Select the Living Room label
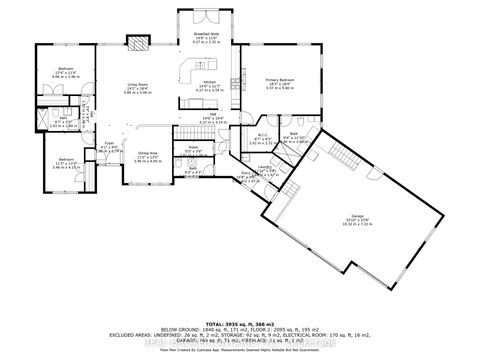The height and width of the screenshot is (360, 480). pyautogui.click(x=138, y=84)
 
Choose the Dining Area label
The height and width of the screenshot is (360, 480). pyautogui.click(x=148, y=154)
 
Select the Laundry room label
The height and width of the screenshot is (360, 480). pyautogui.click(x=264, y=167)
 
